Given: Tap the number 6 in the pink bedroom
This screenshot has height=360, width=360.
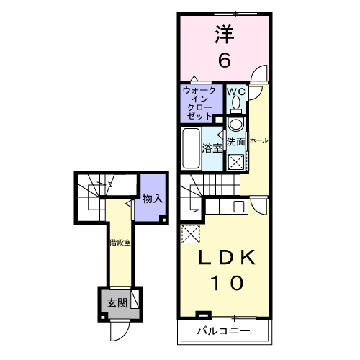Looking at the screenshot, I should click(x=224, y=60).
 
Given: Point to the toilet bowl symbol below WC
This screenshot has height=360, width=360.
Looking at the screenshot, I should click(x=236, y=107).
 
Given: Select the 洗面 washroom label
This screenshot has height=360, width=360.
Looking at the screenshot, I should click(x=235, y=142).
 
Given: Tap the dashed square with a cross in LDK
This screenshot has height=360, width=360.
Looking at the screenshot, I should click(x=190, y=233).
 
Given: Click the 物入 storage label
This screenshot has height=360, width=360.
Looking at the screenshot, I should click(x=151, y=198).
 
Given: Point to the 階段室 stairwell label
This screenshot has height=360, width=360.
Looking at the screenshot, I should click(x=120, y=243).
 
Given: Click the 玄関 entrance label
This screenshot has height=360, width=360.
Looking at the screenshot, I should click(x=117, y=302).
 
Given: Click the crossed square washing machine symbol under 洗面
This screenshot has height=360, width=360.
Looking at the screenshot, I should click(x=235, y=161).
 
